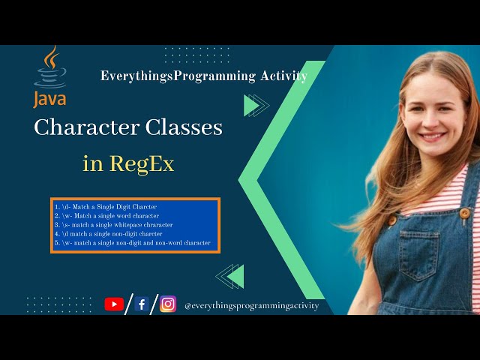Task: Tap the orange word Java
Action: [x=49, y=99]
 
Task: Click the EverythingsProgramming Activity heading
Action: [x=203, y=76]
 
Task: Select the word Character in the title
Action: [x=86, y=127]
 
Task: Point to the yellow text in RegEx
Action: [x=128, y=163]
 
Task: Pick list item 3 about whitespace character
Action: [x=113, y=224]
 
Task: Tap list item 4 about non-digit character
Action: [x=108, y=233]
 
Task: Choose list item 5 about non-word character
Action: [x=132, y=243]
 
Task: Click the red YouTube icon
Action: [x=114, y=304]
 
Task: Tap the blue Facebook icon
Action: [x=142, y=304]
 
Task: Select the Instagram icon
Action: [x=169, y=304]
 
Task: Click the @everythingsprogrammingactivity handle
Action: [x=251, y=305]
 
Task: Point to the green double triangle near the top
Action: [x=256, y=106]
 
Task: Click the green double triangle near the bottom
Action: [x=230, y=276]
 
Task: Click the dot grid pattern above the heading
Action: [x=185, y=55]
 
